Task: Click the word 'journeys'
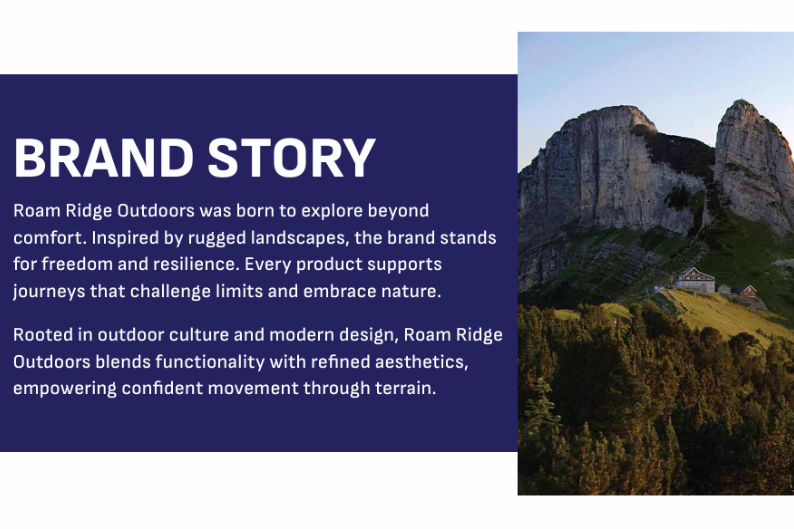click(49, 291)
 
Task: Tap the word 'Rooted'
click(43, 335)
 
